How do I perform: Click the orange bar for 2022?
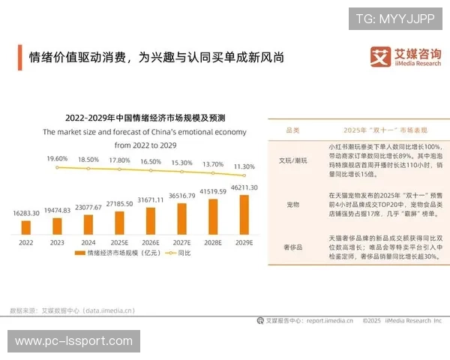coord(26,226)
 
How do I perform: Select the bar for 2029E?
coord(244,215)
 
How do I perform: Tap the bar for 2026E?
coord(151,221)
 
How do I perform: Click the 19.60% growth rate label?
coord(57,160)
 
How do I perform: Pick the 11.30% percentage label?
coord(244,166)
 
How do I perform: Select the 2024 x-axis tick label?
coord(88,242)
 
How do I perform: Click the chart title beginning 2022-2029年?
coord(145,118)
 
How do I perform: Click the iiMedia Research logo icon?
coord(380,57)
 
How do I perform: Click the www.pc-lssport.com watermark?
coord(74,341)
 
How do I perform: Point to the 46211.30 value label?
coord(244,187)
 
